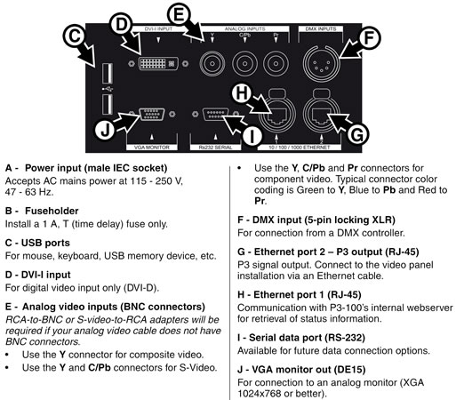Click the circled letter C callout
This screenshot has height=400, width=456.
tap(75, 36)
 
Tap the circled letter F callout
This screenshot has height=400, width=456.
tap(369, 38)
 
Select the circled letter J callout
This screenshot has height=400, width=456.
tap(106, 130)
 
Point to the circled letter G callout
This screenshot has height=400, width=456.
tap(357, 134)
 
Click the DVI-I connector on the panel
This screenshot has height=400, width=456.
tap(158, 64)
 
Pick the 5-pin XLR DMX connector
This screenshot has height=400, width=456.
tap(321, 64)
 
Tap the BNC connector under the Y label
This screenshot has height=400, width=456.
tap(212, 64)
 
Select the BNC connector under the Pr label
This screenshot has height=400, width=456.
tap(276, 64)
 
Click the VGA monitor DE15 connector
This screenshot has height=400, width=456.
tap(152, 115)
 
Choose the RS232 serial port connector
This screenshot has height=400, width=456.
tap(215, 114)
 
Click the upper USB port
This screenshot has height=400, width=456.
tap(108, 74)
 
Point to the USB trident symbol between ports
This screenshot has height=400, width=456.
tap(108, 89)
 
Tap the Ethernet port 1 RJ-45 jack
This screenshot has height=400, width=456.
tap(276, 115)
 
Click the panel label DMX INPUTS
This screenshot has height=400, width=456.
tap(321, 29)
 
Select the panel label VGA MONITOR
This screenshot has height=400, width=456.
tap(152, 148)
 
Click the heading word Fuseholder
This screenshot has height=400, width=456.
tap(52, 211)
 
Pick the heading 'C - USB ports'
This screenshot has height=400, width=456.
tap(37, 243)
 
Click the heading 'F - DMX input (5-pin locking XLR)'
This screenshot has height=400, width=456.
tap(316, 220)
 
